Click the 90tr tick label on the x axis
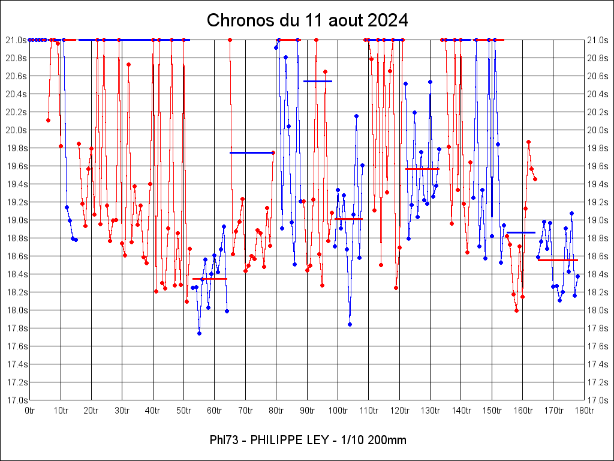tap(307, 411)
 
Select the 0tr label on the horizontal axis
tap(30, 411)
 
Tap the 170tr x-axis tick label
tap(553, 411)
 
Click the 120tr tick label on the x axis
tap(399, 411)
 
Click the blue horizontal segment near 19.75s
tap(252, 152)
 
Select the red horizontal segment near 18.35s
tap(210, 279)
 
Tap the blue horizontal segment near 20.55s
tap(318, 80)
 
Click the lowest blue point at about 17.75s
tap(199, 333)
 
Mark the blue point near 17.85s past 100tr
tap(350, 324)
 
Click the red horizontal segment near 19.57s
tap(422, 169)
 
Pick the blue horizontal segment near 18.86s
tap(520, 232)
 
